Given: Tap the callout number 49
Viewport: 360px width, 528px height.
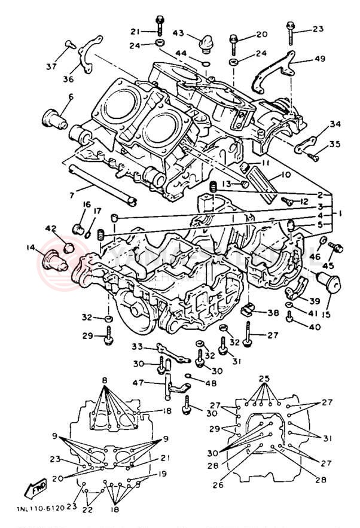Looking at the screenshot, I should point(320,59).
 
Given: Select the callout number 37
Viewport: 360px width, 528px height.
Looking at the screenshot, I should point(52,66).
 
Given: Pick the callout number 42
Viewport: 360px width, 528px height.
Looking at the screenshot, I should point(50,228).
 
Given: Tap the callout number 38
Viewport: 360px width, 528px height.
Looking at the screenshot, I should point(273,313).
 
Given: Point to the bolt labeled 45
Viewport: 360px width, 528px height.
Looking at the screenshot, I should point(335,247).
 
